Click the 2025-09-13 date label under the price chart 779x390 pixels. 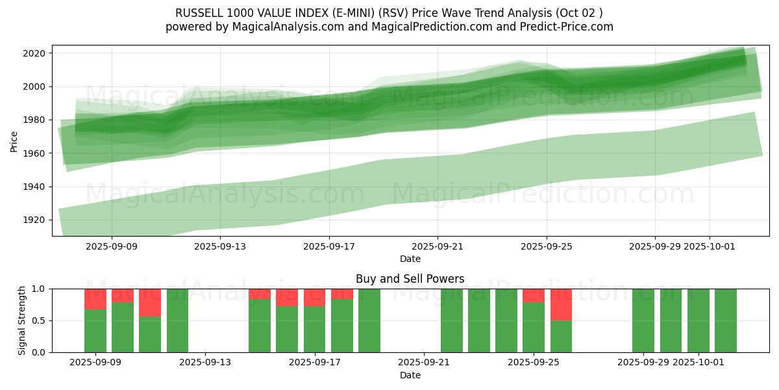click(221, 246)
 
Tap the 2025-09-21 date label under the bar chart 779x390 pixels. click(425, 363)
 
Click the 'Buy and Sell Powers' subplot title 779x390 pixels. click(410, 279)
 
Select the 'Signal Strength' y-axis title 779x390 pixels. click(22, 320)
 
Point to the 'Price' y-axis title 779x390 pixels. click(14, 140)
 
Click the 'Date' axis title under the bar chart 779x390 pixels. click(410, 375)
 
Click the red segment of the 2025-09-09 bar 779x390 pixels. click(95, 299)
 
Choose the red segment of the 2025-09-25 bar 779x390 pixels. click(534, 295)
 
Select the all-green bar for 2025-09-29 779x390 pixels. click(643, 320)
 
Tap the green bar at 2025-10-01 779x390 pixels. click(699, 320)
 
